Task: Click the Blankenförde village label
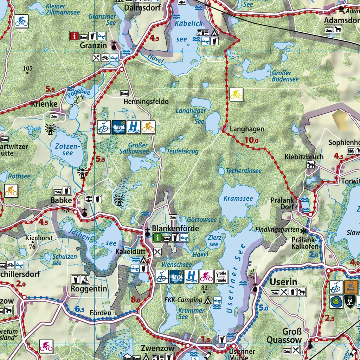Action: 175,229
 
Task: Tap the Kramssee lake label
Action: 238,199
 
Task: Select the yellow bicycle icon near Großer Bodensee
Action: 236,94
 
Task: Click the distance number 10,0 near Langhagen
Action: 251,140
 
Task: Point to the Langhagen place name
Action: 247,129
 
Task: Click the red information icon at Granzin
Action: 74,36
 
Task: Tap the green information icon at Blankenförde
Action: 157,238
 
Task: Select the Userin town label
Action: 283,282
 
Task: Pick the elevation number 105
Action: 27,68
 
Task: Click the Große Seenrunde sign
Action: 221,276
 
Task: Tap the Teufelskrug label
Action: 182,151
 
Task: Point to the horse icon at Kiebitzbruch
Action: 310,165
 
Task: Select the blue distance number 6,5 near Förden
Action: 80,309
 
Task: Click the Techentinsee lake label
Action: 244,171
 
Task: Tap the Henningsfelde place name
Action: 146,102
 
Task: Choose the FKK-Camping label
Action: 183,300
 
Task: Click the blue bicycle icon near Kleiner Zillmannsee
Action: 21,21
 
